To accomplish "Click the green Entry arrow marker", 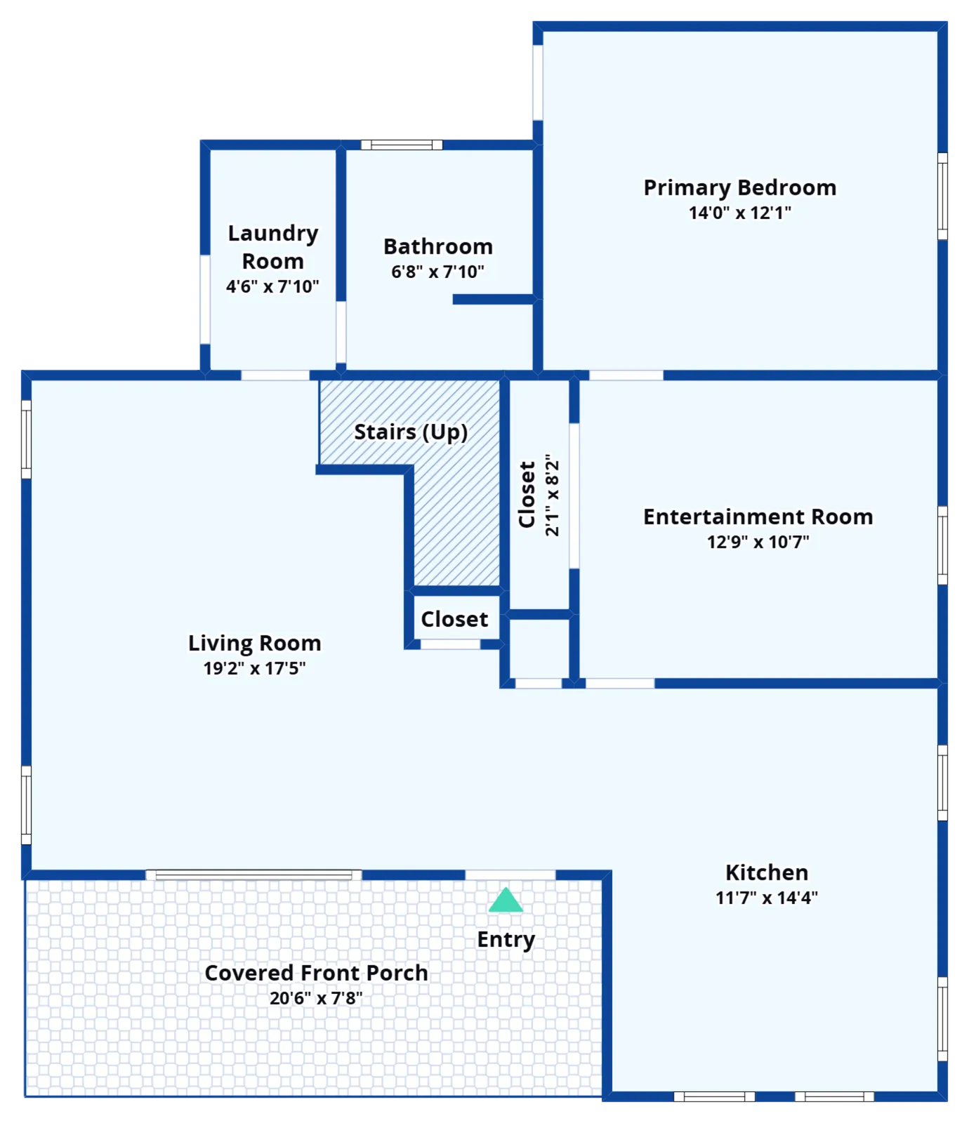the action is click(x=506, y=900).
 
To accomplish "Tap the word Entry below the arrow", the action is click(x=506, y=940).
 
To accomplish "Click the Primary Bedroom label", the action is click(x=740, y=188).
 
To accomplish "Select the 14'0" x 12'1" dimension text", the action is click(x=740, y=213).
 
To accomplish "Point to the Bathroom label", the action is click(x=438, y=246).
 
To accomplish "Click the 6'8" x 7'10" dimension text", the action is click(x=438, y=272).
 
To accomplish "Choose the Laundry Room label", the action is click(x=273, y=247).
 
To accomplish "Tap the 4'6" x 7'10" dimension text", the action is click(x=272, y=286).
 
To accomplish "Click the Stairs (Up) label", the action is click(x=411, y=432).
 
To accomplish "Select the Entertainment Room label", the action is click(x=758, y=517).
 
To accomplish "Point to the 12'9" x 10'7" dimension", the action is click(x=758, y=542).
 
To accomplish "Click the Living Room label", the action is click(x=255, y=644).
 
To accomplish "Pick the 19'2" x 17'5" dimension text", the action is click(x=255, y=668).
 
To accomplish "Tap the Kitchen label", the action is click(x=767, y=872).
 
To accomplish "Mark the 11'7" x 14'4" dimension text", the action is click(x=767, y=898).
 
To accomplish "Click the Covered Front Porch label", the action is click(x=317, y=973).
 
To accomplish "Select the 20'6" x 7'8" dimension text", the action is click(x=317, y=998).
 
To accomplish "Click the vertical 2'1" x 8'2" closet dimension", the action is click(x=553, y=495).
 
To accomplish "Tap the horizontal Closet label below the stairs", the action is click(x=454, y=619).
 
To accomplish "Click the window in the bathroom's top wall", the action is click(x=402, y=145).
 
